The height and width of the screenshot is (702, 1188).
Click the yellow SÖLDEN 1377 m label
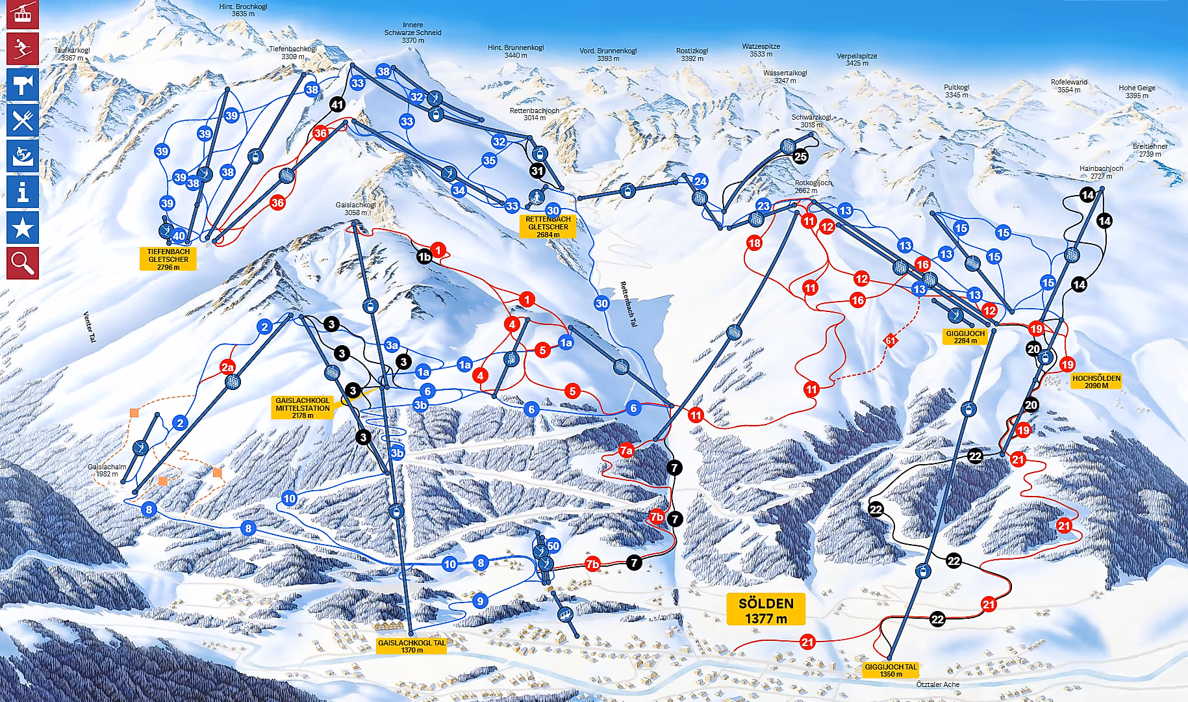pyautogui.click(x=766, y=610)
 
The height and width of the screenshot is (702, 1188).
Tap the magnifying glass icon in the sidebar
pyautogui.click(x=23, y=263)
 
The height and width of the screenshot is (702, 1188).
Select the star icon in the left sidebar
pyautogui.click(x=23, y=227)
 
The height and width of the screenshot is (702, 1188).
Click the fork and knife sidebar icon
pyautogui.click(x=23, y=120)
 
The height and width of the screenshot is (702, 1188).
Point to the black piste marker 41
pyautogui.click(x=337, y=104)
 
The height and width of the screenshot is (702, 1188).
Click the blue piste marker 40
pyautogui.click(x=179, y=236)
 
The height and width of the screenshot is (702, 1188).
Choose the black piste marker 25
pyautogui.click(x=801, y=156)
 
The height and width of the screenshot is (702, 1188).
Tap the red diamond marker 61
pyautogui.click(x=891, y=340)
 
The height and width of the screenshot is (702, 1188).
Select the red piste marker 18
pyautogui.click(x=754, y=243)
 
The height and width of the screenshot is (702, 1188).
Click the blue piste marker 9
pyautogui.click(x=480, y=601)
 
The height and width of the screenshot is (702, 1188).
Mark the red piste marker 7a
pyautogui.click(x=626, y=450)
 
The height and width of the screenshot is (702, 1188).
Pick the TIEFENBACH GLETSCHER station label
pyautogui.click(x=168, y=259)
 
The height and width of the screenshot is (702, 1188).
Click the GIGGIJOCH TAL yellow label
pyautogui.click(x=891, y=670)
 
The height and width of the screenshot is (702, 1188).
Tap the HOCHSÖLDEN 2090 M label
pyautogui.click(x=1096, y=382)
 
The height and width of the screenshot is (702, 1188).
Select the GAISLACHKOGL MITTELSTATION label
pyautogui.click(x=302, y=408)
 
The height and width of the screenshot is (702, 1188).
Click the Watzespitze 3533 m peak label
pyautogui.click(x=761, y=50)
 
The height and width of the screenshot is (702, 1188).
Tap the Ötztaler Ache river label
pyautogui.click(x=937, y=684)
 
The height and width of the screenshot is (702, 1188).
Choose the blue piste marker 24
pyautogui.click(x=700, y=181)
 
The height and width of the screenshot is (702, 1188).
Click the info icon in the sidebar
pyautogui.click(x=23, y=192)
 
